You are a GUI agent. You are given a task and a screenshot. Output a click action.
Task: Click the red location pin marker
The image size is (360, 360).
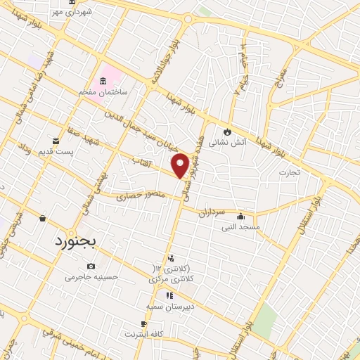click(181, 165)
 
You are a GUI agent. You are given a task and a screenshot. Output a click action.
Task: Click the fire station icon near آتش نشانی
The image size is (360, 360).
click(227, 131)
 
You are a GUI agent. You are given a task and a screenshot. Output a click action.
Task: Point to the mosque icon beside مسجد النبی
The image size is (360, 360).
click(241, 216)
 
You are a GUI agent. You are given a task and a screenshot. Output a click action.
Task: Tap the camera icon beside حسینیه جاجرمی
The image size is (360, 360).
click(91, 266)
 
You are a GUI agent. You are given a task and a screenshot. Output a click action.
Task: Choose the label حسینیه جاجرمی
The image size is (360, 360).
click(89, 277)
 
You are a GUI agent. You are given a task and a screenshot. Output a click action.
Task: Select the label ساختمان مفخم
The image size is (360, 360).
click(104, 92)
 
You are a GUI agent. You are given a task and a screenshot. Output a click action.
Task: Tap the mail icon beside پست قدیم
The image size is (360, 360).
click(56, 141)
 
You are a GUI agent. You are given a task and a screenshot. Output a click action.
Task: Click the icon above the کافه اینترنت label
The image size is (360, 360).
click(144, 323)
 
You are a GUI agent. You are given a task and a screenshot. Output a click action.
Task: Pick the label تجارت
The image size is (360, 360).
click(288, 172)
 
